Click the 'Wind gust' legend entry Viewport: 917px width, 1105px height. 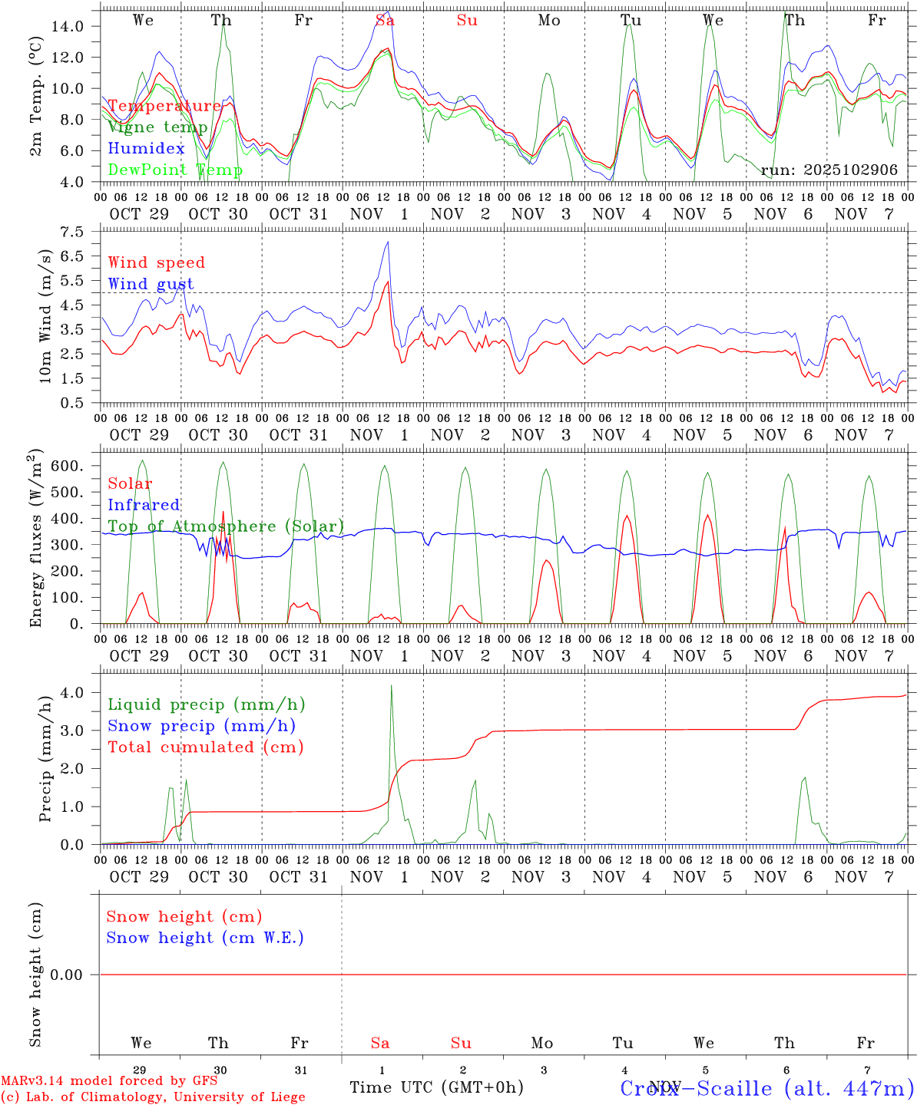[x=151, y=284]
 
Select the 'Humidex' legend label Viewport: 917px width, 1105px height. [x=146, y=148]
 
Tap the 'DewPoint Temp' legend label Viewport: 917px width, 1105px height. [x=175, y=170]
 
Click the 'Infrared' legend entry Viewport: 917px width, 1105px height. [x=144, y=505]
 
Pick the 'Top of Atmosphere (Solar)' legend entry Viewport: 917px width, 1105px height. [x=226, y=526]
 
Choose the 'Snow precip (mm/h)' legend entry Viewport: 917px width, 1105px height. [x=201, y=726]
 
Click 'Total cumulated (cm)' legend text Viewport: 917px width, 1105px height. [x=205, y=747]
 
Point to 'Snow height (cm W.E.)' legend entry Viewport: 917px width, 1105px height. [x=205, y=938]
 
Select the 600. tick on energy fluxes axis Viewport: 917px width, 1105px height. [x=66, y=467]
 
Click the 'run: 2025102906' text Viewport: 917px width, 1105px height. [x=829, y=170]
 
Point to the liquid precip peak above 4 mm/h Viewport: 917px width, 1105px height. [x=392, y=686]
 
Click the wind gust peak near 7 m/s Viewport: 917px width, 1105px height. [x=389, y=242]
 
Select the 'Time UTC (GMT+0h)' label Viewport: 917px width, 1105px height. [x=436, y=1087]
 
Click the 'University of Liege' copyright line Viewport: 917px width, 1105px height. [x=154, y=1097]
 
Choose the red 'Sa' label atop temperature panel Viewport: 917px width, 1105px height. [x=385, y=21]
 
